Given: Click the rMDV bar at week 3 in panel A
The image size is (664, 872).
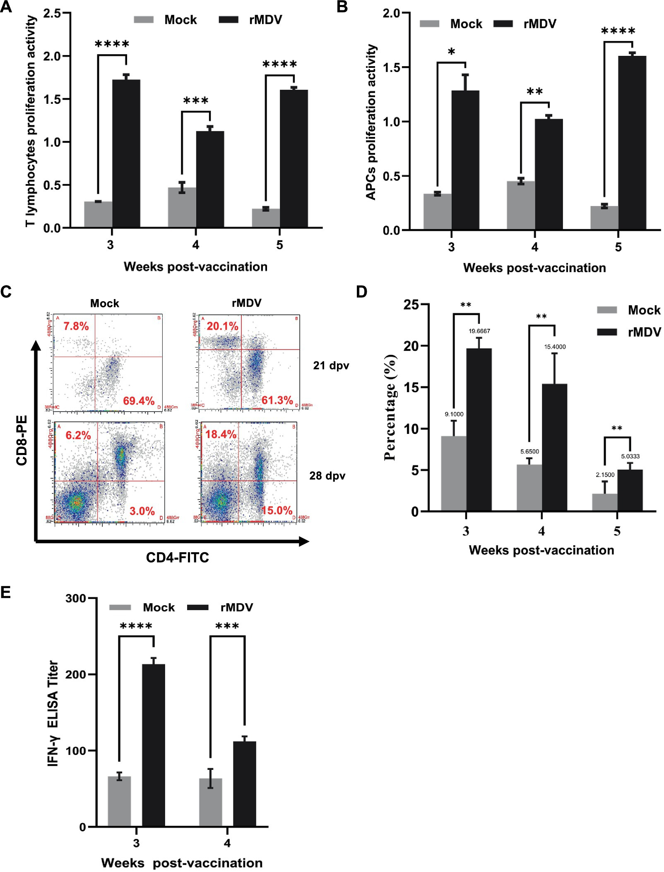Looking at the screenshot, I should click(126, 153).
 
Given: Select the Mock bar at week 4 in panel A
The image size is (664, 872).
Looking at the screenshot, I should click(181, 207).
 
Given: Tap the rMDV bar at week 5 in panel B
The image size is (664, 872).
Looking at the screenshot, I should click(632, 143).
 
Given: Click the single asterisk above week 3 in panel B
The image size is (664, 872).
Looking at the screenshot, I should click(451, 52).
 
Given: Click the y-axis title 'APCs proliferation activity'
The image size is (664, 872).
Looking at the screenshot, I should click(370, 122).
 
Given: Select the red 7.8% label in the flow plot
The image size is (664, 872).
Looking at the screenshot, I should click(76, 326).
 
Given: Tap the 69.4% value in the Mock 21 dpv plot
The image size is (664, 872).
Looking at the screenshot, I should click(139, 400).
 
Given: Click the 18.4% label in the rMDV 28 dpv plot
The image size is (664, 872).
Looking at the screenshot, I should click(221, 434).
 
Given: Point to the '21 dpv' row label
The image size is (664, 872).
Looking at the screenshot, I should click(331, 366).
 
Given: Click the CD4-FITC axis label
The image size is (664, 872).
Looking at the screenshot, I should click(177, 558).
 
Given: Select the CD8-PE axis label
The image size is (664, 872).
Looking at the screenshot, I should click(22, 440).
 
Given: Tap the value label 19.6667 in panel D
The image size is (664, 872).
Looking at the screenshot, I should click(479, 331).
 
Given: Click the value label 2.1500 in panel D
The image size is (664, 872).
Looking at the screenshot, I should click(604, 474).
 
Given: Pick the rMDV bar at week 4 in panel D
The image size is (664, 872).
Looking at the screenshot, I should click(554, 447).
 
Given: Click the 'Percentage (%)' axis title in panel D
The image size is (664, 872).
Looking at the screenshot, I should click(390, 407).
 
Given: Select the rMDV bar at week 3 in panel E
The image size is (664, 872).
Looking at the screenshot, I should click(153, 745).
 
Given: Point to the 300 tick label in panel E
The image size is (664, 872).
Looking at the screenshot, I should click(75, 599).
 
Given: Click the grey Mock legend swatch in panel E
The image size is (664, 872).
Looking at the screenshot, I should click(120, 607).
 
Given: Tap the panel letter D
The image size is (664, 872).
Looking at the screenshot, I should click(361, 292).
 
